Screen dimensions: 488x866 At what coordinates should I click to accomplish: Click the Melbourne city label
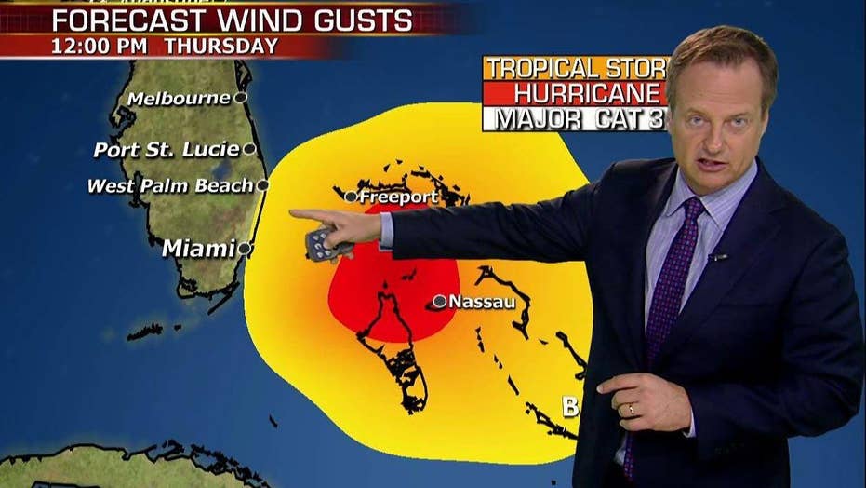[179, 99]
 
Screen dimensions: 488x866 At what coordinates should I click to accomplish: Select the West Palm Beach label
[170, 186]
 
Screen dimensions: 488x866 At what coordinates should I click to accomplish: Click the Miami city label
[198, 249]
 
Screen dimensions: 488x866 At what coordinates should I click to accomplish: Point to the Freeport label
[398, 197]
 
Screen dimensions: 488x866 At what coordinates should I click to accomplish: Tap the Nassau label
[482, 302]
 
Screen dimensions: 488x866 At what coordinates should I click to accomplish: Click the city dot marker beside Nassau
[440, 301]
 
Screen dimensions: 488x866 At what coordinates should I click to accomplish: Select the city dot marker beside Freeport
[351, 197]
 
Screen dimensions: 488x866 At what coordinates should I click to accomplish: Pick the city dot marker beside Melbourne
[240, 98]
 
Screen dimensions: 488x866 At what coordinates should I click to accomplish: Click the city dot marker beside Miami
[244, 249]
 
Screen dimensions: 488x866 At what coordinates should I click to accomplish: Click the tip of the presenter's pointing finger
[292, 214]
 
